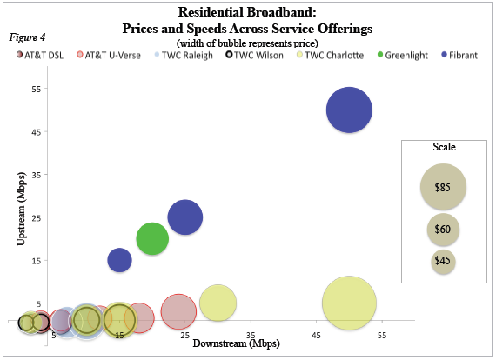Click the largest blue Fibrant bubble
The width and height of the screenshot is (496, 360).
pyautogui.click(x=349, y=110)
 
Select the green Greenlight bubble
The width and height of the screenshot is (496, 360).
pyautogui.click(x=152, y=238)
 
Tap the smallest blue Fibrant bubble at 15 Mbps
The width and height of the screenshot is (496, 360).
pyautogui.click(x=119, y=259)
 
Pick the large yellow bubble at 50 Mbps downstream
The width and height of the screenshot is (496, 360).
pyautogui.click(x=349, y=303)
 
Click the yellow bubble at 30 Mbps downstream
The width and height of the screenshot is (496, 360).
pyautogui.click(x=218, y=303)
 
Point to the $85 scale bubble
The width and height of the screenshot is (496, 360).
pyautogui.click(x=443, y=187)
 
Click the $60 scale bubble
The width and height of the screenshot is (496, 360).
pyautogui.click(x=443, y=230)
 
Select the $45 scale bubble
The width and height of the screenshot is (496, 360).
pyautogui.click(x=443, y=260)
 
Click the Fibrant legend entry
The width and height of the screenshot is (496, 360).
pyautogui.click(x=449, y=54)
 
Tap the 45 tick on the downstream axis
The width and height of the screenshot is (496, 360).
pyautogui.click(x=316, y=335)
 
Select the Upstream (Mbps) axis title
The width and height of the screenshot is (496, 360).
pyautogui.click(x=20, y=209)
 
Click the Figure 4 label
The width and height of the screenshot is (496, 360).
pyautogui.click(x=27, y=37)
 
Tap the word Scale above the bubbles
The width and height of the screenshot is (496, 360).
pyautogui.click(x=444, y=148)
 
